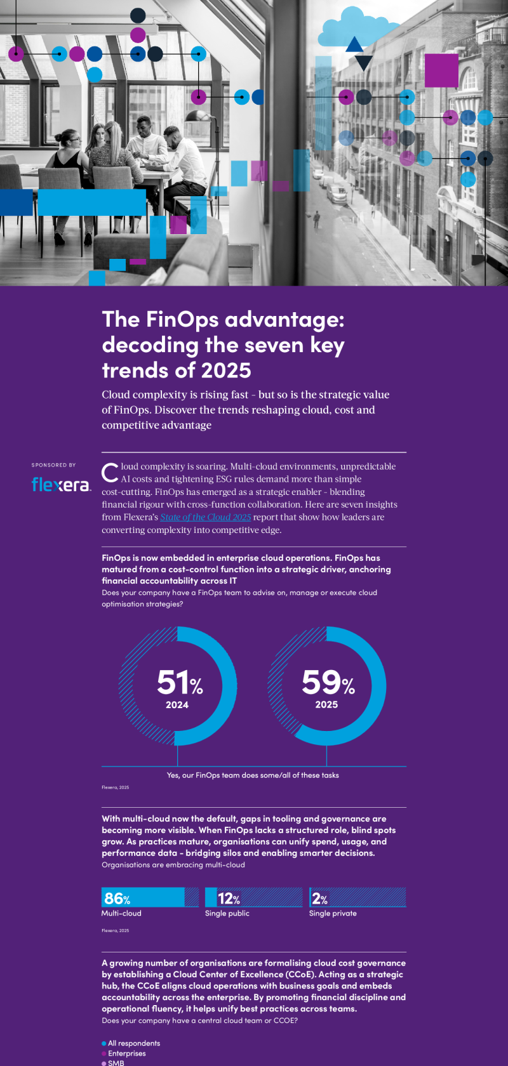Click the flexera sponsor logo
coord(61,485)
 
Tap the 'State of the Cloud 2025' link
coord(205,517)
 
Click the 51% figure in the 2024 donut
coord(180,683)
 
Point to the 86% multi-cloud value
coord(117,898)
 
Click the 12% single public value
coord(229,898)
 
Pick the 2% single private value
coord(319,898)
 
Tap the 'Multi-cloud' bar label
coord(121,914)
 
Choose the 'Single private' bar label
coord(333,914)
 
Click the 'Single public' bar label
coord(227,914)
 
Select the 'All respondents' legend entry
coord(133,1043)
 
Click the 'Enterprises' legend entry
coord(126,1053)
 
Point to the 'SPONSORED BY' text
coord(53,465)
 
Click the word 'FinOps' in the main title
coord(183,319)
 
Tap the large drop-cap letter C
coord(110,472)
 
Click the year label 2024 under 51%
coord(177,705)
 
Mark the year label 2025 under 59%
coord(326,705)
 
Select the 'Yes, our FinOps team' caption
coord(253,775)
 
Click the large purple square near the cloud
coord(441,70)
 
